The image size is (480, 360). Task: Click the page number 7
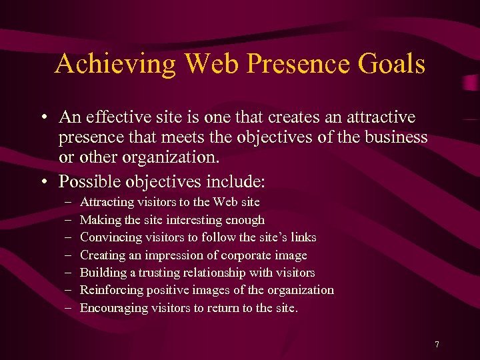[437, 345]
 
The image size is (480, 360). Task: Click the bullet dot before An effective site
[42, 119]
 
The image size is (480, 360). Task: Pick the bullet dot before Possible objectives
[42, 182]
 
